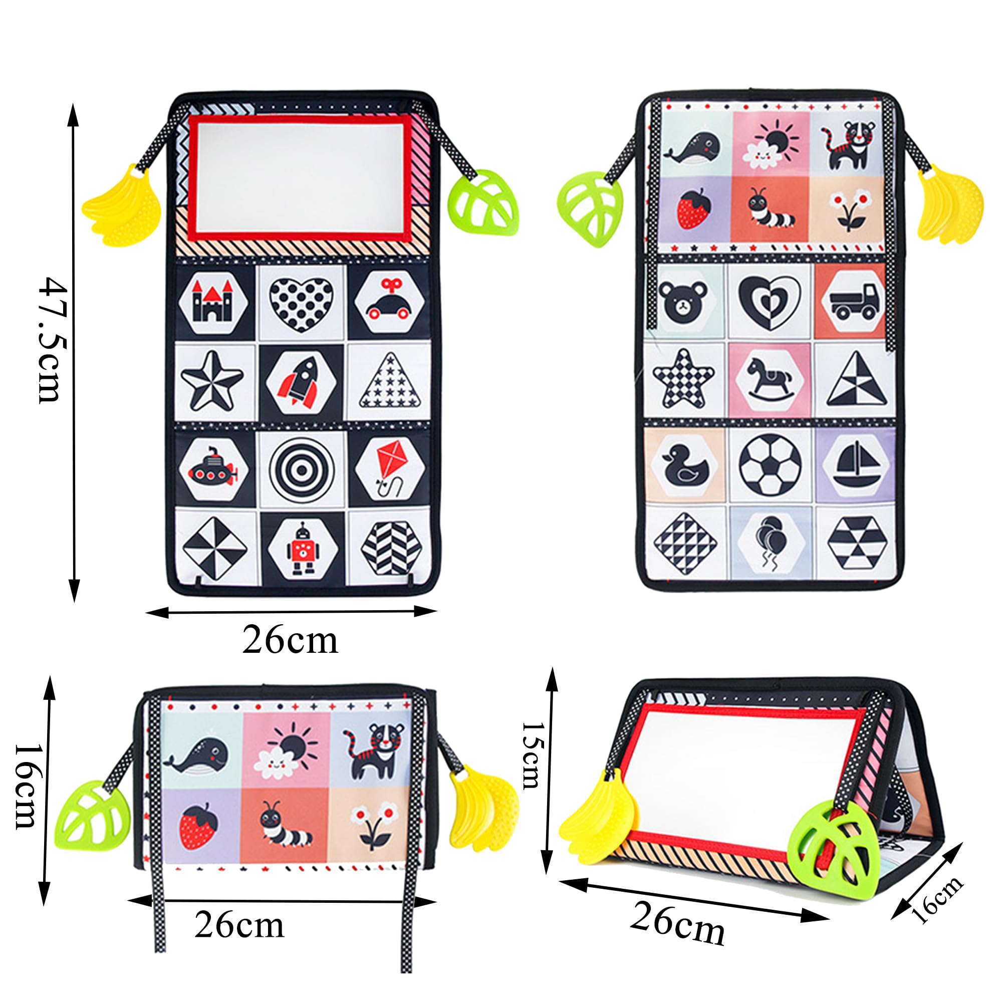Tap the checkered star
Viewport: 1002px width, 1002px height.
(683, 379)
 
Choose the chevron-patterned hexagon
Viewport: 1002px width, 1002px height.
(391, 548)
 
